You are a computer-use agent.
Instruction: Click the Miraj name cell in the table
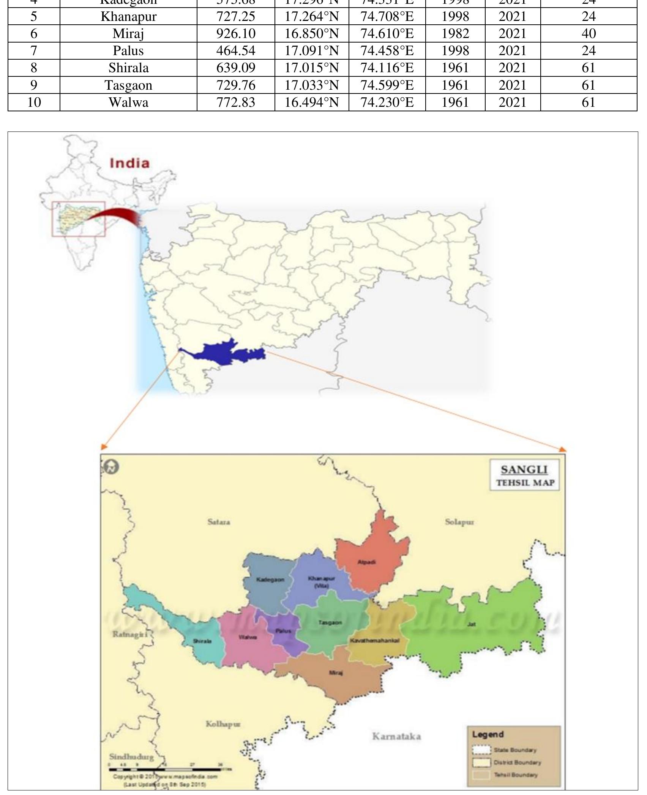(x=128, y=34)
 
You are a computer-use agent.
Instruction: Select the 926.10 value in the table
(x=236, y=34)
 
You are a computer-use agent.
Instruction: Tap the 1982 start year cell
(x=455, y=34)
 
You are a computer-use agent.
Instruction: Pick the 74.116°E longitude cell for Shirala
(x=387, y=68)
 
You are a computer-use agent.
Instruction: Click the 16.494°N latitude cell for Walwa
(x=312, y=102)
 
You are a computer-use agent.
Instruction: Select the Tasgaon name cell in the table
(x=128, y=85)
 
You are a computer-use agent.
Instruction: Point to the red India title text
(x=129, y=163)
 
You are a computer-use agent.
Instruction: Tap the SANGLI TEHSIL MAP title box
(x=524, y=475)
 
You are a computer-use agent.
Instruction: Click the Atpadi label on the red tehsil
(x=366, y=562)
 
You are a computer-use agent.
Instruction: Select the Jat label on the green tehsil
(x=472, y=624)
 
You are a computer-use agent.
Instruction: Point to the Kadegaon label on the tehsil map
(x=270, y=580)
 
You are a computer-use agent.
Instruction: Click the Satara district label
(x=219, y=522)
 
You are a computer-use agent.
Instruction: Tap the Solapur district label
(x=459, y=522)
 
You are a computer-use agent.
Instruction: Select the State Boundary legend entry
(x=505, y=750)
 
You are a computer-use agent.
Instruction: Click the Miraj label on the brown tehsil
(x=336, y=673)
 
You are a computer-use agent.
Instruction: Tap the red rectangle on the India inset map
(x=79, y=219)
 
